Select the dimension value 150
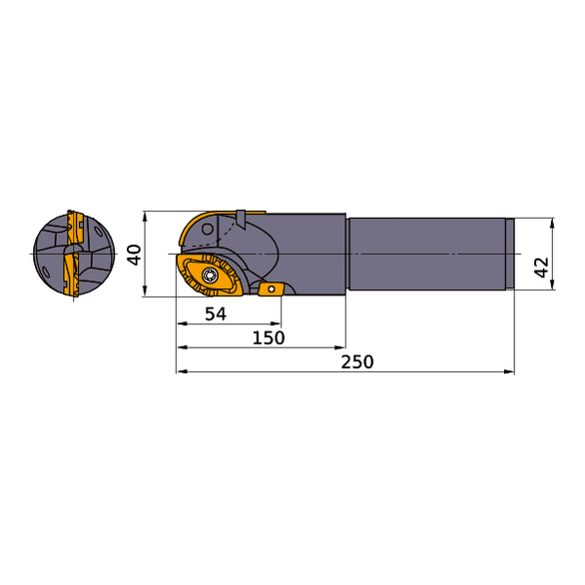268,337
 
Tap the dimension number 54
215,313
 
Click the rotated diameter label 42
541,267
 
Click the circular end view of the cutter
71,255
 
